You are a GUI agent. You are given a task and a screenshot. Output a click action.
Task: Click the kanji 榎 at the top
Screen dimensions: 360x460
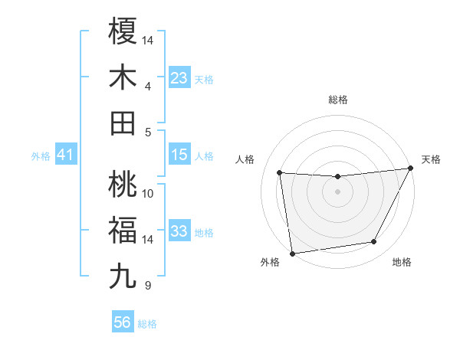click(x=123, y=32)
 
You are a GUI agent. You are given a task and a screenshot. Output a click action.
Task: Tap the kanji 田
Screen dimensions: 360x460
click(x=123, y=123)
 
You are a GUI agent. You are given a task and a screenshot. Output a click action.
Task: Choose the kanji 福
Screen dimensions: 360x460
click(x=123, y=230)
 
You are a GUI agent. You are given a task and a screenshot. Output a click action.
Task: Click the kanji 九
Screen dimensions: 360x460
click(x=123, y=276)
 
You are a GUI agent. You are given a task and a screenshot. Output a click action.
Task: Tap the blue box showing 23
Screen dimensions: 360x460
click(x=179, y=78)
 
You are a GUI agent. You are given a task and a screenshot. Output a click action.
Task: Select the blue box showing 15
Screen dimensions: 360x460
click(x=179, y=155)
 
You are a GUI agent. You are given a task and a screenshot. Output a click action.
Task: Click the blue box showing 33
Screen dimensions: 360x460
click(x=179, y=231)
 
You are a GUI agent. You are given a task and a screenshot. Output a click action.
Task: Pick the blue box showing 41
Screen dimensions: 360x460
click(x=65, y=155)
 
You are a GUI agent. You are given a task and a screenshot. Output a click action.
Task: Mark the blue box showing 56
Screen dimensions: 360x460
click(x=123, y=322)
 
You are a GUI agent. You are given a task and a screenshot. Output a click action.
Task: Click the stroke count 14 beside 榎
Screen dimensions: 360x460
click(x=149, y=39)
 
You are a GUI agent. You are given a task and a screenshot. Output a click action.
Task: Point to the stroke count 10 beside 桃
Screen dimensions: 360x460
click(x=149, y=193)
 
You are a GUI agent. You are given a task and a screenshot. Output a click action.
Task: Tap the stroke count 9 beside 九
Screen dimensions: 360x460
click(x=146, y=286)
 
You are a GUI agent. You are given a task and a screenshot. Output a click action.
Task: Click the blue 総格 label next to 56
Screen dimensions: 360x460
click(x=147, y=324)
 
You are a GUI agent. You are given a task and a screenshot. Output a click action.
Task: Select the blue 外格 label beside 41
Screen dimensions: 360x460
click(x=41, y=156)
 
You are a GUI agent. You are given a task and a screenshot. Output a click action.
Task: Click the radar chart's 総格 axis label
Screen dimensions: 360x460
click(x=337, y=100)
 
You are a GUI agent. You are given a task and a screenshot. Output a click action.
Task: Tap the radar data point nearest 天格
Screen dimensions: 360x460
click(x=409, y=169)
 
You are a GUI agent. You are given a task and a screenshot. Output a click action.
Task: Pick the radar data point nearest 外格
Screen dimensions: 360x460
click(x=292, y=253)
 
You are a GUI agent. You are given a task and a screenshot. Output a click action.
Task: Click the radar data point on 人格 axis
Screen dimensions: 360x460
click(x=280, y=173)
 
